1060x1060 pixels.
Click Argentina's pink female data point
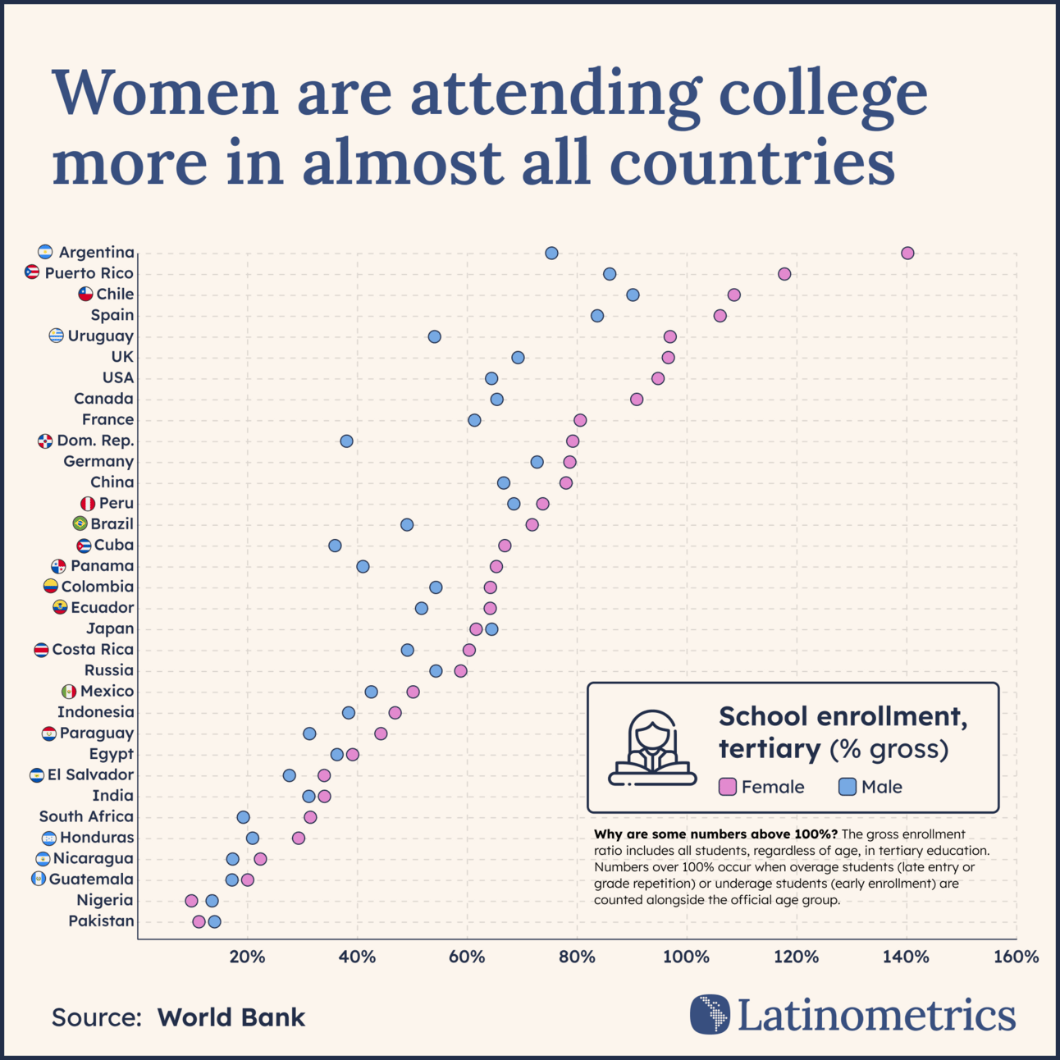click(907, 253)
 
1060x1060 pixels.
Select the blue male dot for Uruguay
click(434, 336)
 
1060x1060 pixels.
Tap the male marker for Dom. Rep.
click(346, 441)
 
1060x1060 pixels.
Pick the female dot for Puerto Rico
click(784, 273)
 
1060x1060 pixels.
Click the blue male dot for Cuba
click(335, 546)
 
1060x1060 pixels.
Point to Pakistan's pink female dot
click(199, 921)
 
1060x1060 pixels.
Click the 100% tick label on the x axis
click(686, 957)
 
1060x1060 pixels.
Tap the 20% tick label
click(247, 957)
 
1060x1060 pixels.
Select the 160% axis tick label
click(1016, 957)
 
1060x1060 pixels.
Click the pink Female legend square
click(728, 787)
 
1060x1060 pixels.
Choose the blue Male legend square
click(847, 787)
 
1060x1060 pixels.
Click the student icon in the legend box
click(652, 747)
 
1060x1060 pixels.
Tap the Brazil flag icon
click(80, 523)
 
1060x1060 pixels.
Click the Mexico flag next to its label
click(69, 692)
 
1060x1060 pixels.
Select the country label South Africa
click(86, 816)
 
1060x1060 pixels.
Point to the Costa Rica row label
click(93, 649)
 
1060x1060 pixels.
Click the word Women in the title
click(165, 93)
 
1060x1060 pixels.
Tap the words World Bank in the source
click(231, 1017)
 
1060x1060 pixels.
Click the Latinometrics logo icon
click(710, 1014)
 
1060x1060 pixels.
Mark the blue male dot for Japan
click(491, 629)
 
